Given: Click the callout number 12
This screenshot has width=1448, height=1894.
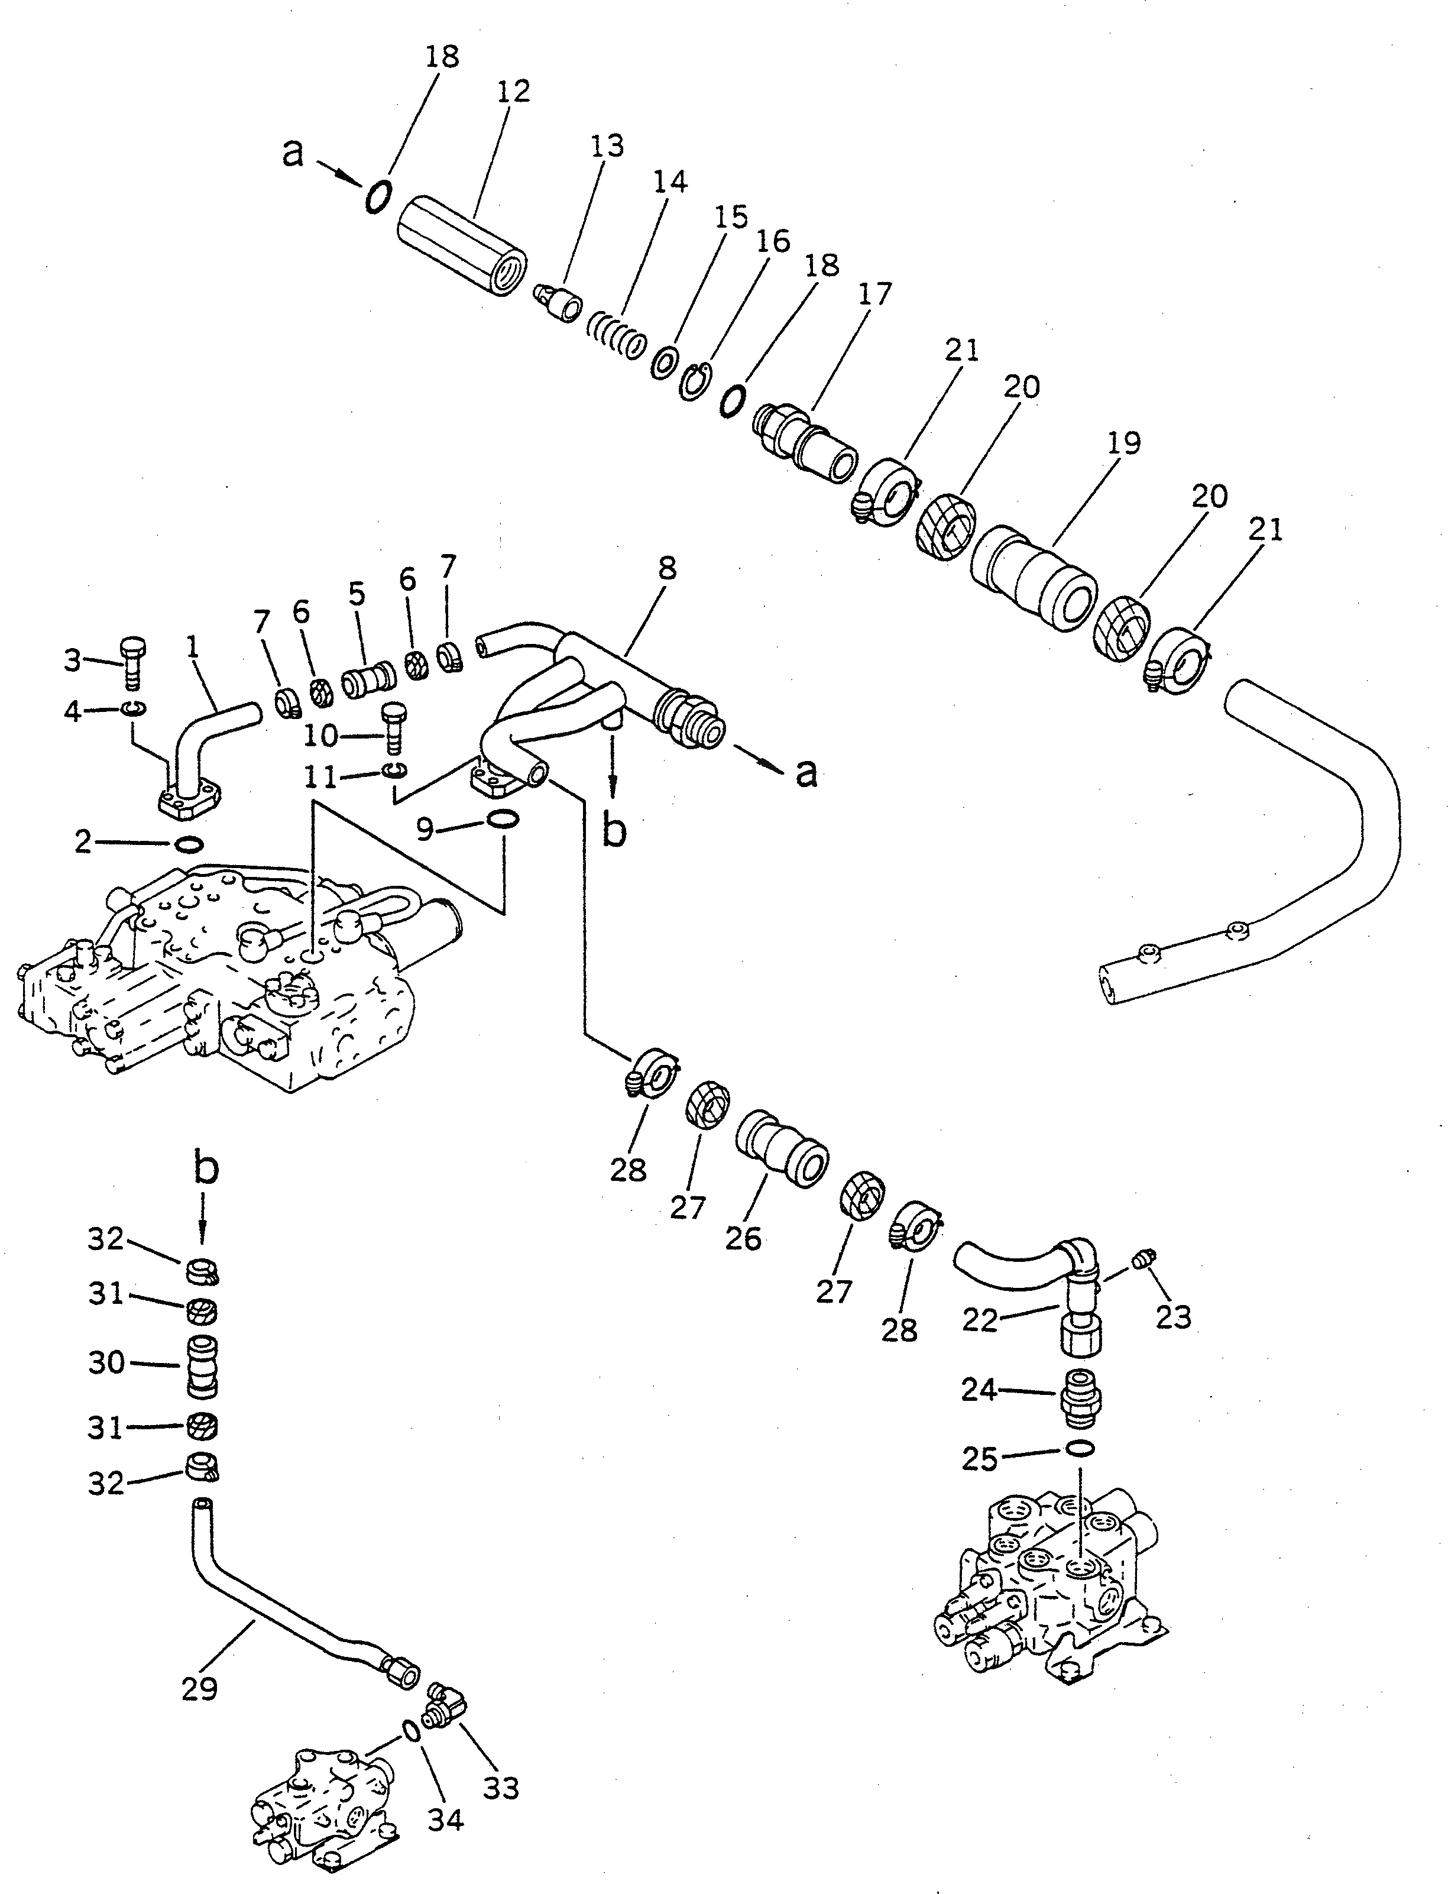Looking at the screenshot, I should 514,92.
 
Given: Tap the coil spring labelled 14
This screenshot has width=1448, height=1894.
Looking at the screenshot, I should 616,336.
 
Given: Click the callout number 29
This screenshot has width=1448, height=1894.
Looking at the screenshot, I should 199,1688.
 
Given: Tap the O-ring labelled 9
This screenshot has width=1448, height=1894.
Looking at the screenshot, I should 503,818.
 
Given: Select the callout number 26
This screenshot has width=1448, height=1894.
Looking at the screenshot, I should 743,1239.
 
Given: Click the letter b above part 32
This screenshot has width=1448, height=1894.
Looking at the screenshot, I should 204,1170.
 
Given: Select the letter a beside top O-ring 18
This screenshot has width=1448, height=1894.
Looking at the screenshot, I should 294,154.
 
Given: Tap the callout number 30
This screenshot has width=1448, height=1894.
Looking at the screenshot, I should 107,1363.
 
